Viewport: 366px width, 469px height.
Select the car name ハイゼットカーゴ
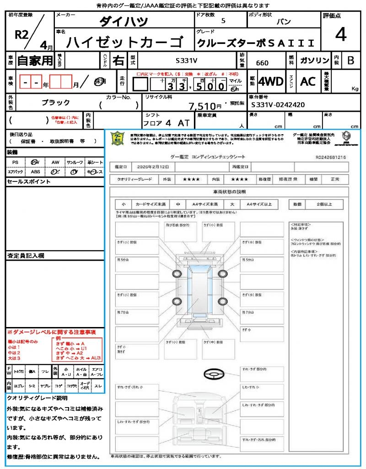[x=124, y=43]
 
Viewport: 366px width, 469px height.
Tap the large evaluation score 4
[x=340, y=35]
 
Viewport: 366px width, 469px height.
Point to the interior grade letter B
[x=350, y=60]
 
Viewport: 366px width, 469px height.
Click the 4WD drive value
[x=270, y=82]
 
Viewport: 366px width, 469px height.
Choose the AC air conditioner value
[x=307, y=82]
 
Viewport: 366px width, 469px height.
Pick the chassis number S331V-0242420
[x=278, y=105]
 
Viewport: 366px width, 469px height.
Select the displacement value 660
[x=262, y=63]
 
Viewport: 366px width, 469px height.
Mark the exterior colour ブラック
[x=56, y=103]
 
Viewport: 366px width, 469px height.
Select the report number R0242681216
[x=330, y=157]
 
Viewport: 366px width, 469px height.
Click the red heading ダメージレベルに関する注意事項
[x=54, y=332]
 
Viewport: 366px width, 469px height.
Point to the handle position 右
[x=118, y=60]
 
